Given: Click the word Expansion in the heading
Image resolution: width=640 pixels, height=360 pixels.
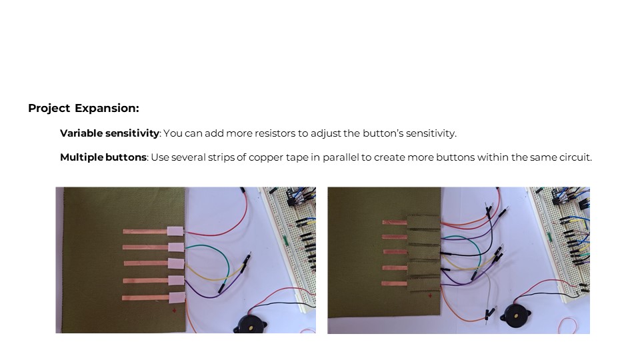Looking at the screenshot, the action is [x=107, y=109].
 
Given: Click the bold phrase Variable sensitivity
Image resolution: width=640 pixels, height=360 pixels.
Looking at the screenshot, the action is [x=109, y=133].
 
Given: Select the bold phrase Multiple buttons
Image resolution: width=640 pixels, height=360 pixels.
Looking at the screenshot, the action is [x=103, y=157].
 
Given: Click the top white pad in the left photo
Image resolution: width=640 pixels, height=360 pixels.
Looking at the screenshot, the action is [x=175, y=231].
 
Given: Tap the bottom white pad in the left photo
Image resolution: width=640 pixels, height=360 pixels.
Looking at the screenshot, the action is [x=177, y=297].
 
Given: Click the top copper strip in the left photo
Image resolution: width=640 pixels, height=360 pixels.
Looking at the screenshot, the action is [x=145, y=231].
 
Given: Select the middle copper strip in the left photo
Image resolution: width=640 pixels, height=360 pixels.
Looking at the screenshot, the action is [x=146, y=263].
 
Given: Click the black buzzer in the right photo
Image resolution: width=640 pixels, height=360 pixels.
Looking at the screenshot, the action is [x=515, y=315].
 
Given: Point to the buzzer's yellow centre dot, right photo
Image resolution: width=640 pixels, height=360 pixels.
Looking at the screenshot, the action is [x=516, y=315].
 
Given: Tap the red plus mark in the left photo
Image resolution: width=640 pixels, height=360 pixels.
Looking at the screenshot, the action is [x=174, y=311].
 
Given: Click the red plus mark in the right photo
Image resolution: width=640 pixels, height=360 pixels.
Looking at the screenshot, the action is [x=430, y=295].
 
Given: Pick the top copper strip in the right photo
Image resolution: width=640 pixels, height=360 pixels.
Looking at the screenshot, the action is [x=395, y=223].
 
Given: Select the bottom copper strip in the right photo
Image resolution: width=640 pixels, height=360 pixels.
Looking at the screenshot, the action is [x=394, y=283].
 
